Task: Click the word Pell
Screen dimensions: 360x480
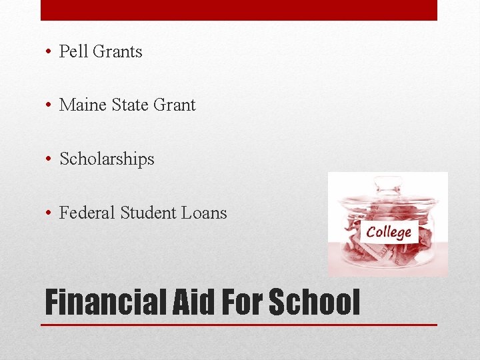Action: click(x=75, y=51)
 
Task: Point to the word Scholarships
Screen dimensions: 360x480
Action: click(x=107, y=159)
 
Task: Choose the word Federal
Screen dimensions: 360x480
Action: click(x=87, y=213)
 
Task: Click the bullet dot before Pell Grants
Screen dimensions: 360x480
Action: click(x=50, y=52)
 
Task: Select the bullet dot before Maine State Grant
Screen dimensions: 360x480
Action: click(x=50, y=106)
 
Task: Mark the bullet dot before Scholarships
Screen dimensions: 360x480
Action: click(x=50, y=160)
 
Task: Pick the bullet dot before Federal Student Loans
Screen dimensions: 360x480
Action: click(x=50, y=214)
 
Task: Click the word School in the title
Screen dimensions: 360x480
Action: click(x=314, y=302)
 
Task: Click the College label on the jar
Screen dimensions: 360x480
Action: click(x=389, y=232)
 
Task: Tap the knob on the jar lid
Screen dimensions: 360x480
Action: click(x=388, y=181)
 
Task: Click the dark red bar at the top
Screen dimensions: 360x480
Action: click(x=239, y=10)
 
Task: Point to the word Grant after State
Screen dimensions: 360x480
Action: click(x=175, y=105)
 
